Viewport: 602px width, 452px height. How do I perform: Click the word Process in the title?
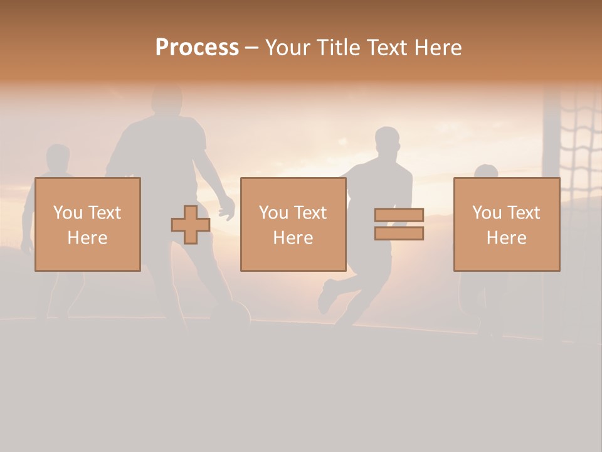(197, 48)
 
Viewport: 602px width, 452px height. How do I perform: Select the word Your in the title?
(288, 48)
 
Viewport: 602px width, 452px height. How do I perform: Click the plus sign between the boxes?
(191, 224)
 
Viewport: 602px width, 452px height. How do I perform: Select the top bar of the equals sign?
(399, 215)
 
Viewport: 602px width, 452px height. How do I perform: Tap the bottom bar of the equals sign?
(399, 234)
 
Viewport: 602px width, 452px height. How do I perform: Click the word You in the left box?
(68, 213)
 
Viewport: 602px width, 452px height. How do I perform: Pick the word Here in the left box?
(87, 238)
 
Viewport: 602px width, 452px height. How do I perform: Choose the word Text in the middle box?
(310, 213)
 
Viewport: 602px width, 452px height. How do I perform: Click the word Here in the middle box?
(293, 238)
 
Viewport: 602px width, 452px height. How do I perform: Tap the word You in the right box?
(487, 213)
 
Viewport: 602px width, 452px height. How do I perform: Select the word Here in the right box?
(506, 238)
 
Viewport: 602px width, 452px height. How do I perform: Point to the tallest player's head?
(166, 100)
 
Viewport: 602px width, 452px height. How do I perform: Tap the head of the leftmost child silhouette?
(58, 159)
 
